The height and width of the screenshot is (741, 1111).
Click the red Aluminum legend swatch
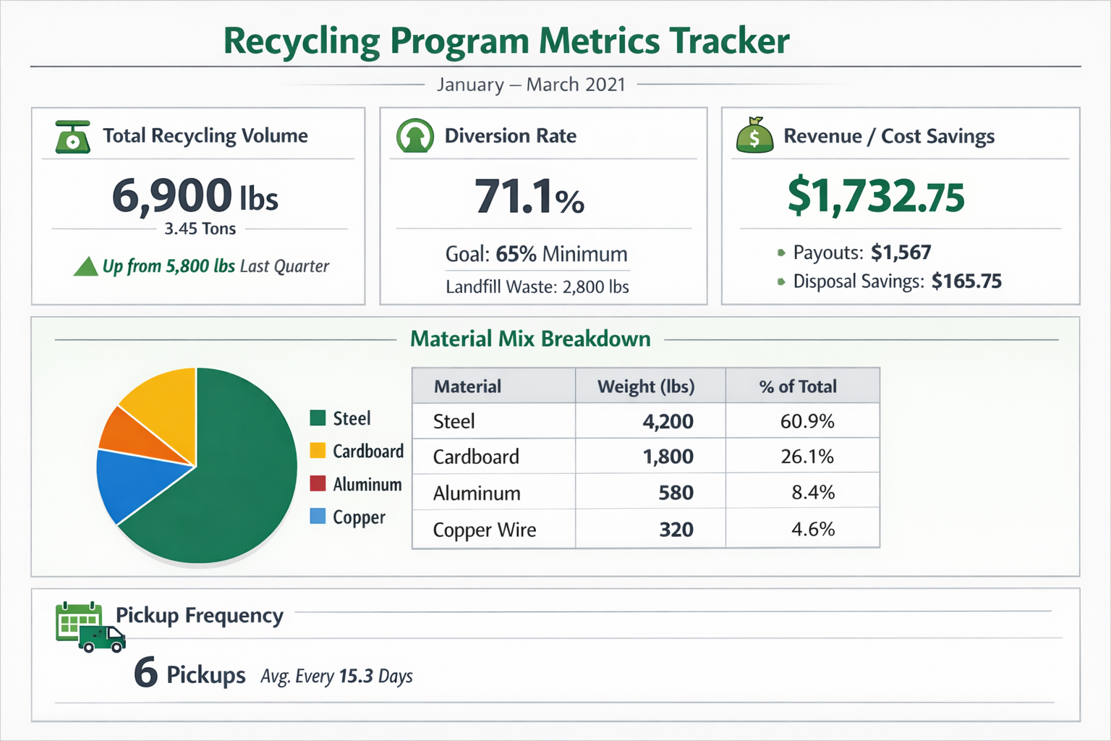click(318, 483)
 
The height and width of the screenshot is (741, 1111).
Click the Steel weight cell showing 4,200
click(667, 421)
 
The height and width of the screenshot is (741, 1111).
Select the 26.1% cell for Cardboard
click(806, 457)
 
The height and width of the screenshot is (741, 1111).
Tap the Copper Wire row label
click(484, 530)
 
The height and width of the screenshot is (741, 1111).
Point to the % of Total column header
click(797, 386)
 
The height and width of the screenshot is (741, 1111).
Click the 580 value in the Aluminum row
click(676, 493)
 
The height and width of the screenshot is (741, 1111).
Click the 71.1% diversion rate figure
click(529, 197)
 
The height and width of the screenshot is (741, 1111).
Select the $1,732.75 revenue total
click(875, 196)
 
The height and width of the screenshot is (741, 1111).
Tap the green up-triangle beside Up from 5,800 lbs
click(86, 267)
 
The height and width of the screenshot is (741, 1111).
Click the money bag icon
click(754, 135)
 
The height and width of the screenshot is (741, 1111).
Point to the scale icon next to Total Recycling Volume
click(72, 137)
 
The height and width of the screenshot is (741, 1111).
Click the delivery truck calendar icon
click(90, 627)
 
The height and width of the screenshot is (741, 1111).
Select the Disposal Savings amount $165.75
click(966, 281)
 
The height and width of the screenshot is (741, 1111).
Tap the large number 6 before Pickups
click(145, 672)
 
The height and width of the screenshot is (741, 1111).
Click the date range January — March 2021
click(531, 85)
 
